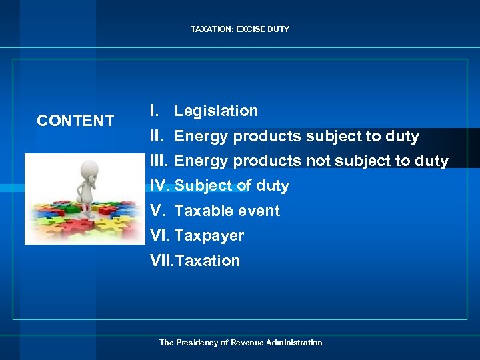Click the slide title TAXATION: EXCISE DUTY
point(240,29)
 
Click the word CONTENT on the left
point(75,121)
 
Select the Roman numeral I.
point(154,111)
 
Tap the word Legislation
point(216,111)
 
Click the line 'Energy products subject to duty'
point(297,137)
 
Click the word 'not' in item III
point(319,161)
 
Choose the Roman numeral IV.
point(160,186)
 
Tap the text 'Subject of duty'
point(231,186)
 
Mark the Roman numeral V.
point(157,211)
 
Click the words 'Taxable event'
point(227,211)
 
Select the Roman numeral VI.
point(160,236)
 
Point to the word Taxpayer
point(209,236)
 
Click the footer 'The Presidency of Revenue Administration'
point(240,343)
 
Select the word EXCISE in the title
point(249,29)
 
